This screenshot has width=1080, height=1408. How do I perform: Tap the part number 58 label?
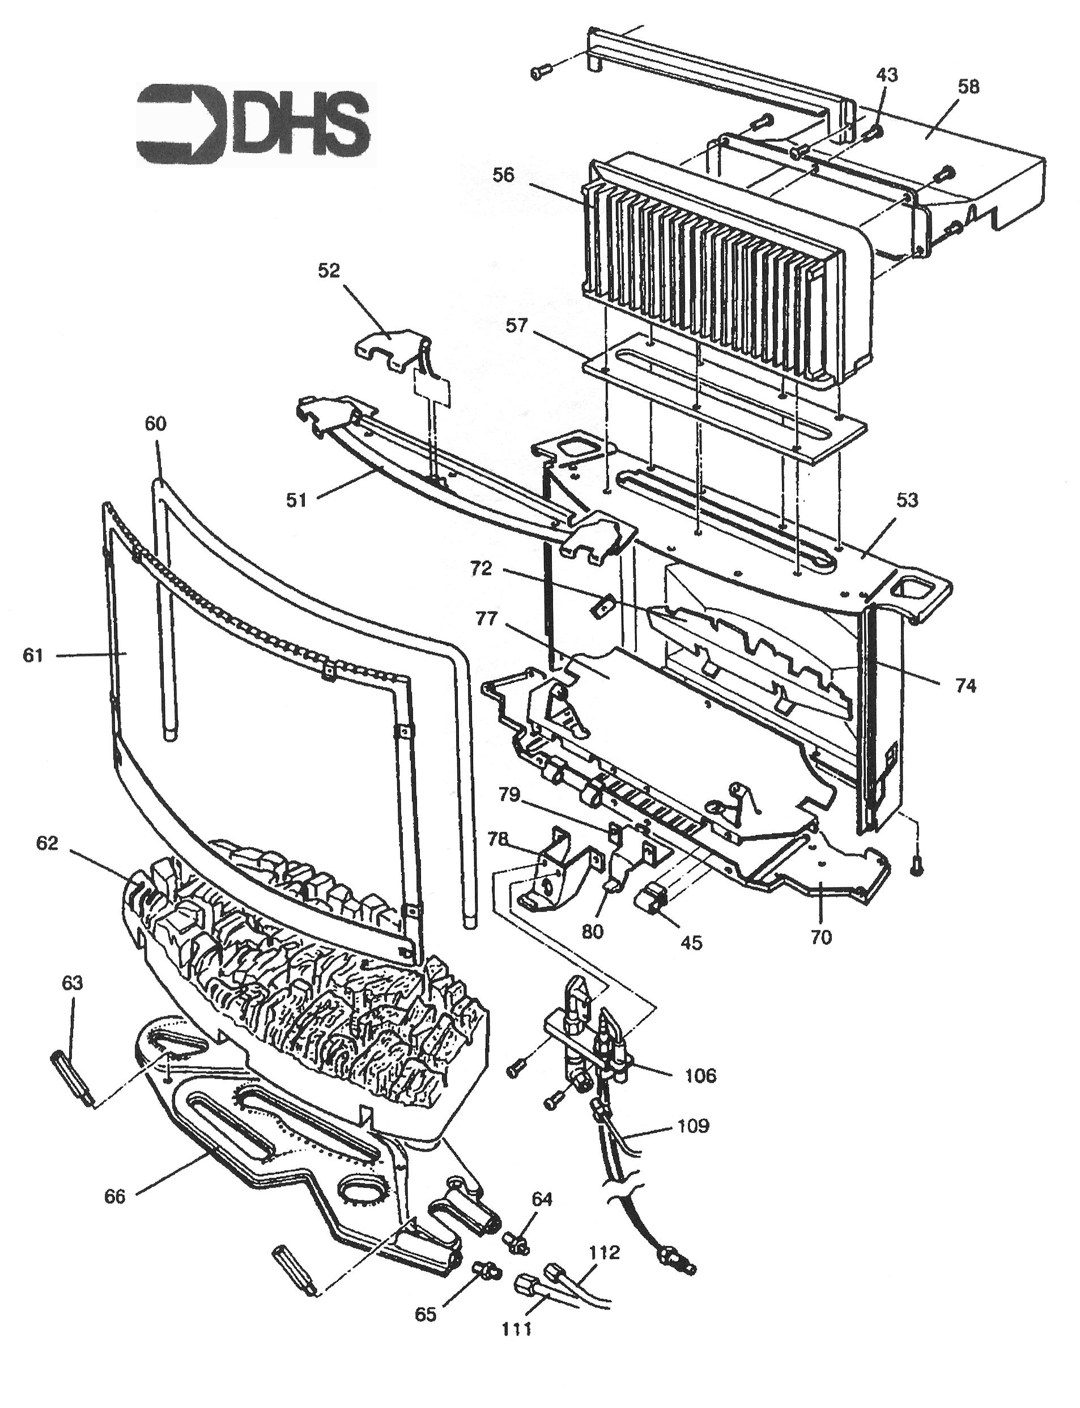[968, 87]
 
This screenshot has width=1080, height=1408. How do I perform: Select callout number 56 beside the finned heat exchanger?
[503, 175]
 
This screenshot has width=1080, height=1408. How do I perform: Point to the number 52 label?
[329, 271]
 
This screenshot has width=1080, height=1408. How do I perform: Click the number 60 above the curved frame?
[156, 423]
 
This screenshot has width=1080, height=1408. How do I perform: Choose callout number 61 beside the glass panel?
[33, 655]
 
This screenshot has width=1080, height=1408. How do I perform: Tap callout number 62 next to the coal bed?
[47, 843]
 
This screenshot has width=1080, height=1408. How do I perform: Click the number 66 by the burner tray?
[115, 1197]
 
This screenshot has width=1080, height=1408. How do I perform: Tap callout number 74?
[965, 686]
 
